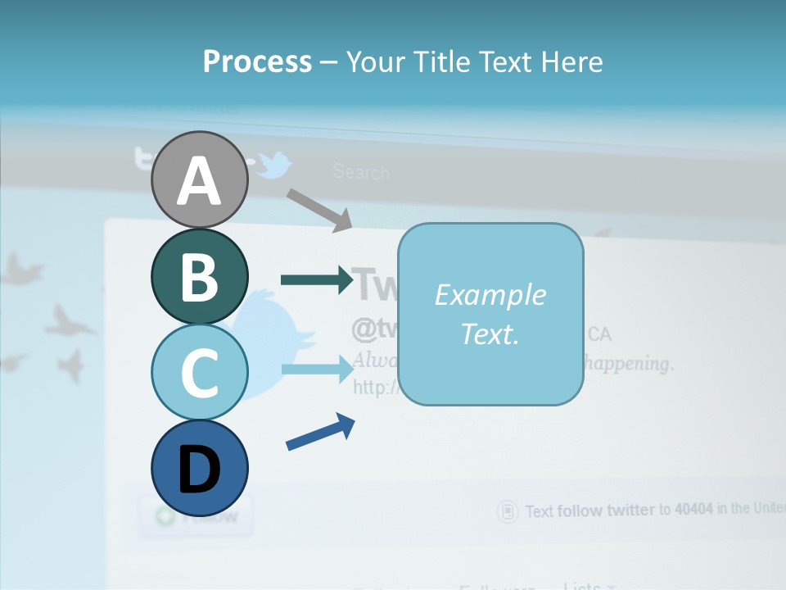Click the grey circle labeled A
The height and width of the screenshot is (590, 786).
[x=199, y=179]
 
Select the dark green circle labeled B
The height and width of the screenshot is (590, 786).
[x=199, y=276]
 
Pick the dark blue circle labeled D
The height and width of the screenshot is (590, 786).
[x=199, y=468]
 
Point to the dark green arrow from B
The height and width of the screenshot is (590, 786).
[x=316, y=280]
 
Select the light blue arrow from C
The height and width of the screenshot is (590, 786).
[x=316, y=369]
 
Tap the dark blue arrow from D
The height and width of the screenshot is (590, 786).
[x=320, y=432]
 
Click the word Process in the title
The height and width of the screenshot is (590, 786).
[x=257, y=61]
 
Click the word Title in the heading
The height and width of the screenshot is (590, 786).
[x=442, y=61]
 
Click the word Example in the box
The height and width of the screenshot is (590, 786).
[x=490, y=295]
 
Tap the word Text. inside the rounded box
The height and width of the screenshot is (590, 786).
[x=490, y=334]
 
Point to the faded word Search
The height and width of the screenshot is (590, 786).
[x=361, y=172]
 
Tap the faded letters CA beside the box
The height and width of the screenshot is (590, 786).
[x=599, y=334]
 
